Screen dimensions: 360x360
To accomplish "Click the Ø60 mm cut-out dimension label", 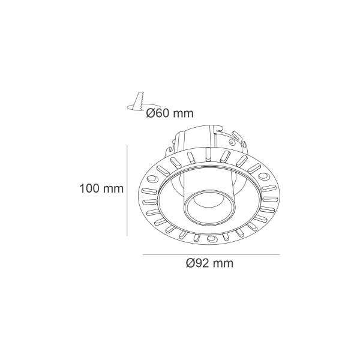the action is coord(170,113).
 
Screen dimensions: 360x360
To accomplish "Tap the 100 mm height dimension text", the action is coord(101,188).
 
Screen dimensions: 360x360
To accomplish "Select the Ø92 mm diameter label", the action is coord(209,263).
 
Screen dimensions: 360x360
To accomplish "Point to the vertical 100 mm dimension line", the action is coord(127,190).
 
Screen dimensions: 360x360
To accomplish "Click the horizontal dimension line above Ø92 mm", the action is coord(211,254).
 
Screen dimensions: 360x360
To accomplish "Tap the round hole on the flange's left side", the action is coord(152,179).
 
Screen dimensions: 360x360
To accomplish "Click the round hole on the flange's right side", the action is coord(263,176).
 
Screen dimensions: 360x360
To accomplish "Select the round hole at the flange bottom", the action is coord(211,239).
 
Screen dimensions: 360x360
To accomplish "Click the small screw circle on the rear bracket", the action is coord(232,143).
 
